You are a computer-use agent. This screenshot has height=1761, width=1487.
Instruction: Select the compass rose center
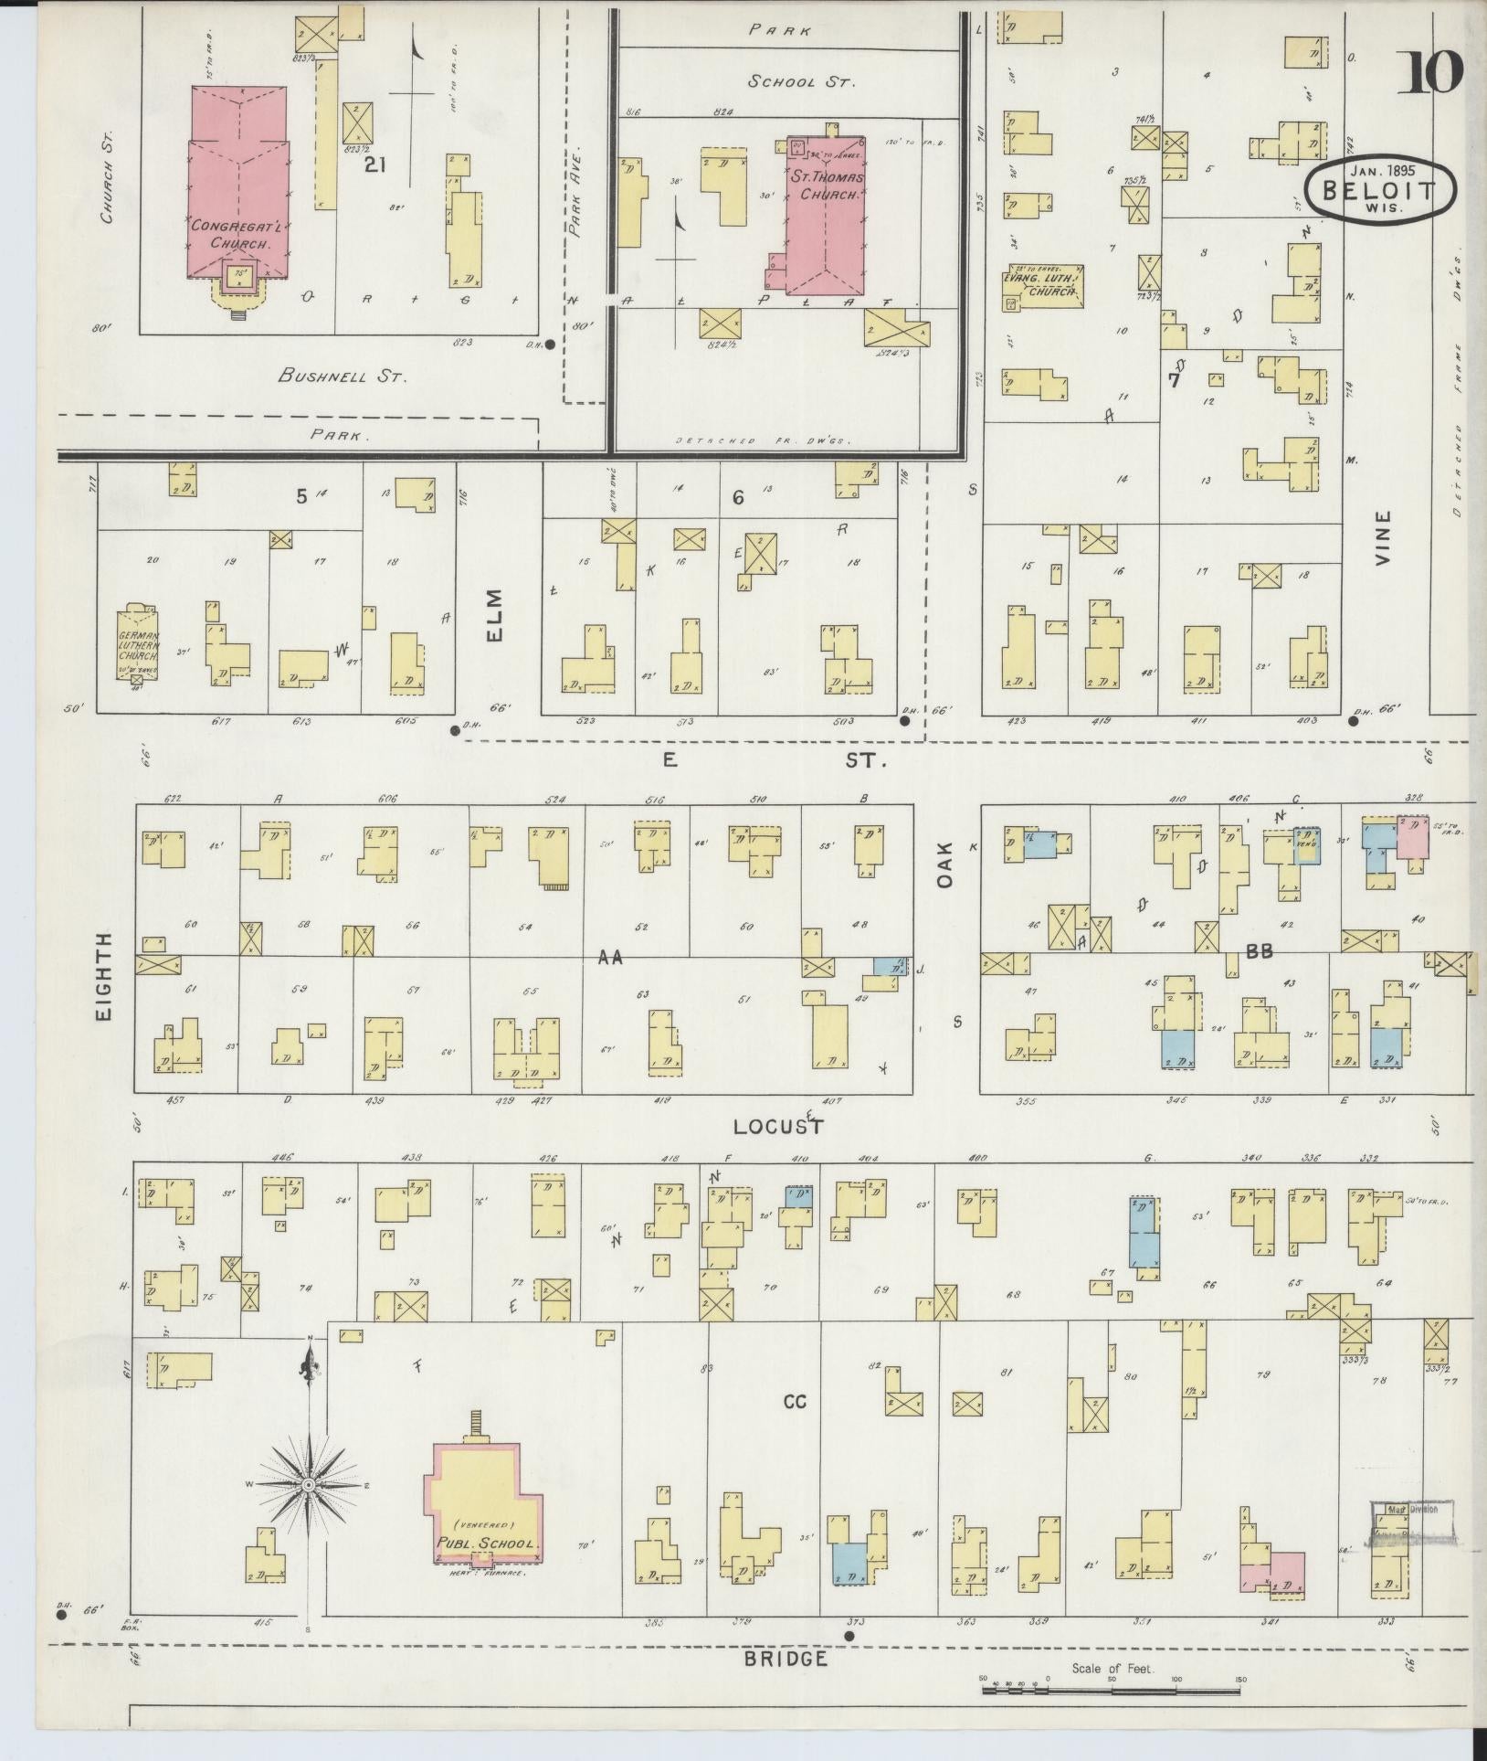point(310,1486)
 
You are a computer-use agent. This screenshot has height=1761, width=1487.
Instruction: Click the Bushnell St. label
point(343,376)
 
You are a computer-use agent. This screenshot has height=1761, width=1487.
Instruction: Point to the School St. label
point(801,82)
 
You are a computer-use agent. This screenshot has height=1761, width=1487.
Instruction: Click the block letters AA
point(609,958)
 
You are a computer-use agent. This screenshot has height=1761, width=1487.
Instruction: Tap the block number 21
point(374,164)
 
